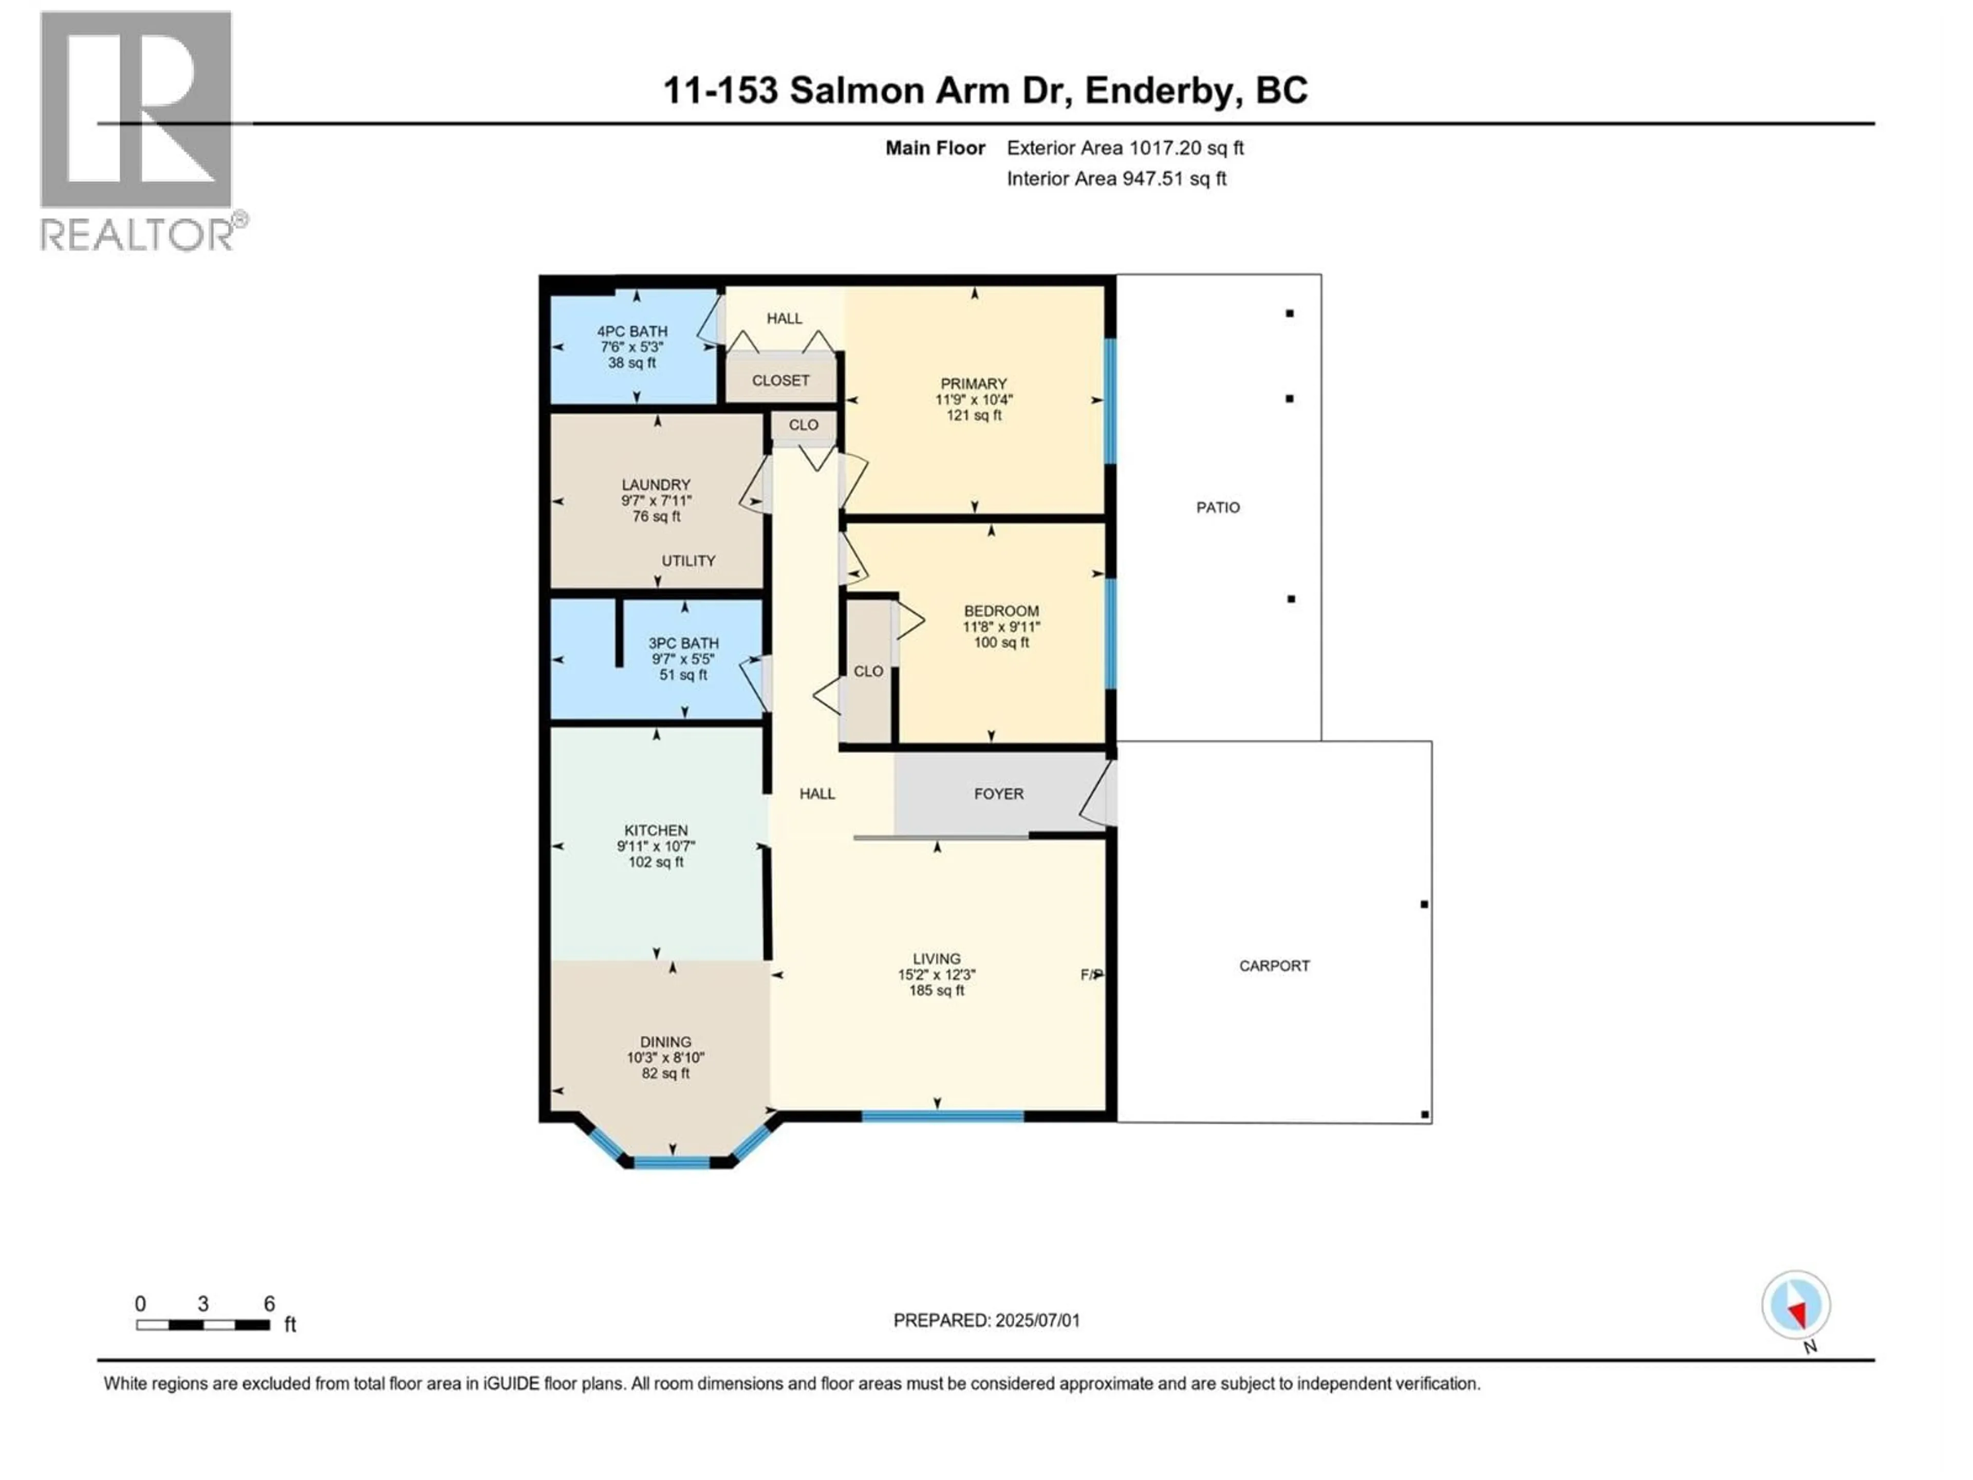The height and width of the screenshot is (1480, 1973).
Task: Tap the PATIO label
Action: [1218, 508]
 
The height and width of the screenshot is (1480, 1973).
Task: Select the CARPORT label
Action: [1274, 966]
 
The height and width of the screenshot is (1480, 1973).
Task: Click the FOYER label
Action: [998, 794]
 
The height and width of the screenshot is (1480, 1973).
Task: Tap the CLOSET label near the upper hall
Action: [780, 381]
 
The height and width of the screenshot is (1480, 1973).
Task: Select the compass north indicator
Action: [1796, 1306]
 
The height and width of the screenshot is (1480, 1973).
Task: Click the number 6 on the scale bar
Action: [269, 1304]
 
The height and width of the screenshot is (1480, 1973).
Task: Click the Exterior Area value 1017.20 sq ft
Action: [1186, 148]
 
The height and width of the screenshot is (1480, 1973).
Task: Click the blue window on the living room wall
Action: [942, 1116]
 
